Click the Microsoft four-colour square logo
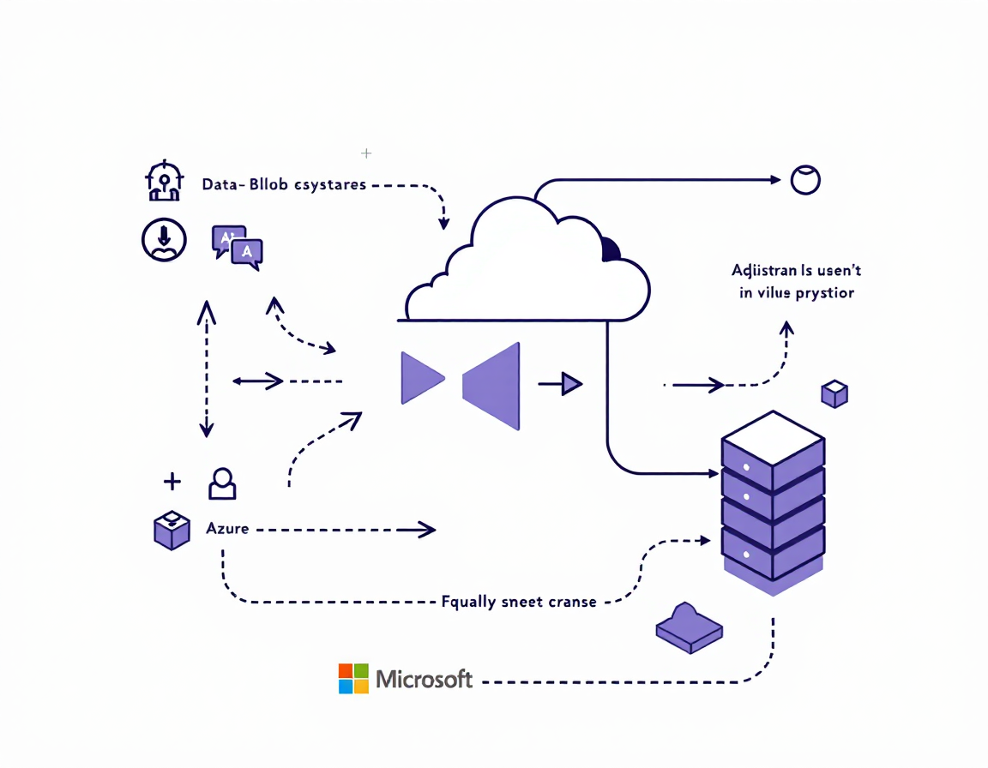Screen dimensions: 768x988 click(x=353, y=678)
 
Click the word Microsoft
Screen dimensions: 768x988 click(x=425, y=680)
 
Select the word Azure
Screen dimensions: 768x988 click(x=227, y=528)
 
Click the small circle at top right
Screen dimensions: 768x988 click(x=805, y=180)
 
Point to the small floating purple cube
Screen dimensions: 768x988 click(x=834, y=393)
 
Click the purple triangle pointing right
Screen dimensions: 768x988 click(x=420, y=377)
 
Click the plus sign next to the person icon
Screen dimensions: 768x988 click(x=172, y=482)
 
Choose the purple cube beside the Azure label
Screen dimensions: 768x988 click(x=172, y=530)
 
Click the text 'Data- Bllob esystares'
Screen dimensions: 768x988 click(x=284, y=184)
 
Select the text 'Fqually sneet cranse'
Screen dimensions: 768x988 click(x=518, y=602)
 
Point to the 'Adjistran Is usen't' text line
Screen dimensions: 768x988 click(x=796, y=271)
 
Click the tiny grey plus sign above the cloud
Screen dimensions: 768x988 click(x=366, y=153)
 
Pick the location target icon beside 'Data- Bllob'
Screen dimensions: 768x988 click(x=163, y=181)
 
